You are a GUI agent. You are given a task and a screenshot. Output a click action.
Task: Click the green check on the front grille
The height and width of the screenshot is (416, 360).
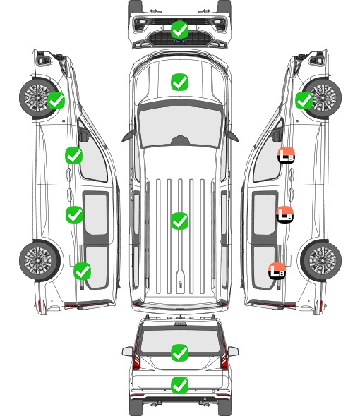[179, 30]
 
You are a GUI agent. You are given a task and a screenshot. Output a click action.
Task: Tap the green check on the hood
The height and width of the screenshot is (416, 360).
[179, 82]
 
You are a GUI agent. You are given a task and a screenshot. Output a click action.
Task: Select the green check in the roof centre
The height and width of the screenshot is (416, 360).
[179, 221]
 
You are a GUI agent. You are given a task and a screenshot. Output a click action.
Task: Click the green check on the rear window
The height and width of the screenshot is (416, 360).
[179, 353]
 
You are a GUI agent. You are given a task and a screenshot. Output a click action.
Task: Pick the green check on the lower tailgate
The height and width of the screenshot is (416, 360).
[179, 385]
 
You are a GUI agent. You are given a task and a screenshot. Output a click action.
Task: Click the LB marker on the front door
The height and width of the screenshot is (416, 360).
[286, 155]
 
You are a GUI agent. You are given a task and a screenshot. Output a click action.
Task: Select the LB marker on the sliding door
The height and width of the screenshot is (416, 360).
[284, 214]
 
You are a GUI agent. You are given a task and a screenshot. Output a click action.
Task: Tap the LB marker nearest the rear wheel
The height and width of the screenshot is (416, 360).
[277, 271]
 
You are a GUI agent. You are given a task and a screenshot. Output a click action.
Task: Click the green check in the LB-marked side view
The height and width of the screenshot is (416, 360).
[304, 100]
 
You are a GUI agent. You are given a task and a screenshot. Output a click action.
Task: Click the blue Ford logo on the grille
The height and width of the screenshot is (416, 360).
[180, 41]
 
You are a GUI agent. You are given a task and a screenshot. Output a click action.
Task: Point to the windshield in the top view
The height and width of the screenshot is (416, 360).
[180, 126]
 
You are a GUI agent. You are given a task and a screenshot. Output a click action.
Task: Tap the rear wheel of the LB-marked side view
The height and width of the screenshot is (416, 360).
[321, 260]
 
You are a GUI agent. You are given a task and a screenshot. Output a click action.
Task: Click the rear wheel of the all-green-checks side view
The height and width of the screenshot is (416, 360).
[40, 260]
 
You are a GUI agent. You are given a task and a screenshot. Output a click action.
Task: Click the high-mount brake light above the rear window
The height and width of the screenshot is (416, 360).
[180, 324]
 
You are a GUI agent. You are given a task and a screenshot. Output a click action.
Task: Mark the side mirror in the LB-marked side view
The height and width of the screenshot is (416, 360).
[277, 135]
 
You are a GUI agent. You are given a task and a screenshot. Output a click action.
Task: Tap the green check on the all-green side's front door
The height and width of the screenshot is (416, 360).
[74, 155]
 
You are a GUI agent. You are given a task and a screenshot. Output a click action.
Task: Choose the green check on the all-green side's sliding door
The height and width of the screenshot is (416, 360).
[74, 214]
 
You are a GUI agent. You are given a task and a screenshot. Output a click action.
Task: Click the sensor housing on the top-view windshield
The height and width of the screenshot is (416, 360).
[180, 140]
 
